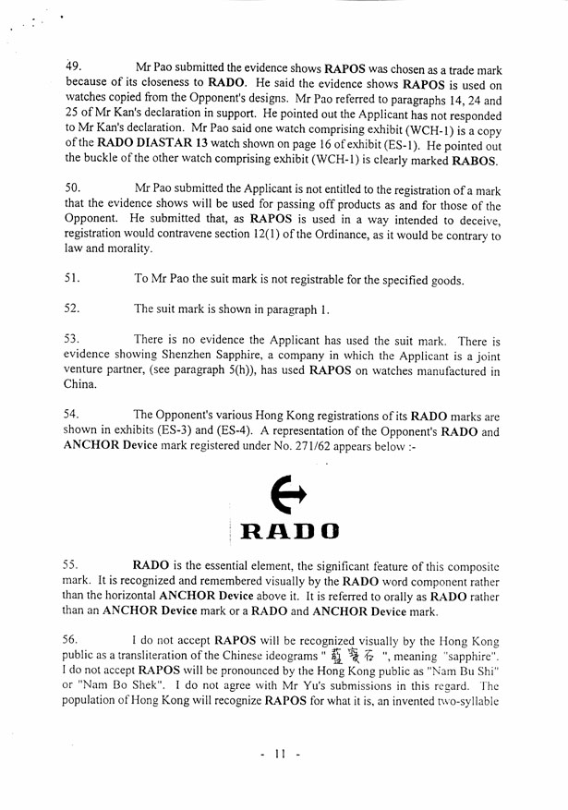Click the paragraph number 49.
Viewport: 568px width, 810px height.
73,67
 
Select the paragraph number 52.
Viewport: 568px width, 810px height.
73,308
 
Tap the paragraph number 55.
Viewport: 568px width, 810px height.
73,563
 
